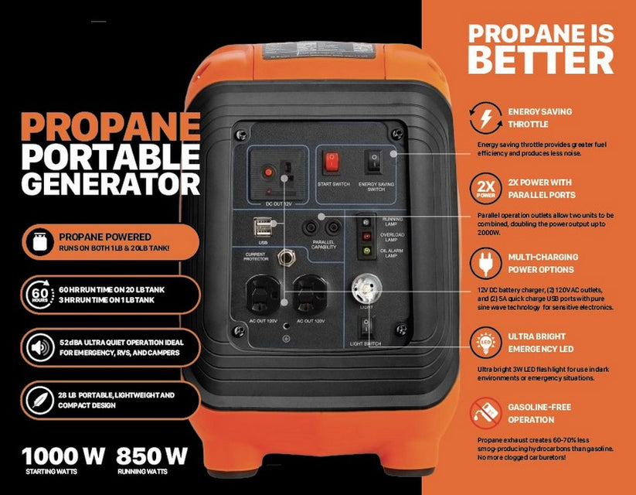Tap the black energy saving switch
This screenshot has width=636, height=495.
(374, 162)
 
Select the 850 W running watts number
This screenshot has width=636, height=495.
(152, 455)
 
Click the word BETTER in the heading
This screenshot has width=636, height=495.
(540, 60)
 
